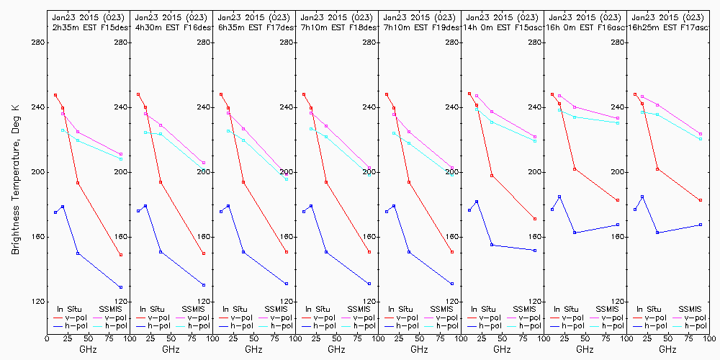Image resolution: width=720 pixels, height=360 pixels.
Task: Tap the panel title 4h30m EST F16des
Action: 171,27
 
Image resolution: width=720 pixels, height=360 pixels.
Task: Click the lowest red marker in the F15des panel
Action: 121,255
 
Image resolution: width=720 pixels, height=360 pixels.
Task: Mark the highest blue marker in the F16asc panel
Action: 559,197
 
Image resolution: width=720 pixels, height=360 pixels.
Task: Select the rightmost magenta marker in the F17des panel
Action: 287,174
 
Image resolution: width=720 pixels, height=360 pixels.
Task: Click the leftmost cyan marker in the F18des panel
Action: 311,129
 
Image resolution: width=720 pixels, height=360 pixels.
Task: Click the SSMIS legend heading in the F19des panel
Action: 443,309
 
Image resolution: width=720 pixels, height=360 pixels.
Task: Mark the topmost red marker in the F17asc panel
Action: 635,94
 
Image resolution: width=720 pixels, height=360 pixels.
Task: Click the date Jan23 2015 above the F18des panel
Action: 325,17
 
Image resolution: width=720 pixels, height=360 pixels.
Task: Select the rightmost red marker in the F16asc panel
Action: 618,200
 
